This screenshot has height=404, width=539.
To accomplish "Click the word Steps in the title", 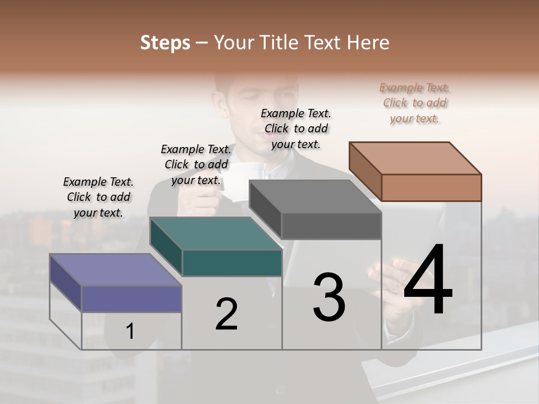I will click(x=165, y=43).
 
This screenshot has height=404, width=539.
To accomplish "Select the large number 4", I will click(x=428, y=281).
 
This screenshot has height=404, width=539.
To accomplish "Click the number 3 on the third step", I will click(x=329, y=297).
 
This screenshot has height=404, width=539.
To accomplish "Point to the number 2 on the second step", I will click(x=226, y=314).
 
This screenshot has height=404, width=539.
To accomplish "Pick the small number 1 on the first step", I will click(x=130, y=332).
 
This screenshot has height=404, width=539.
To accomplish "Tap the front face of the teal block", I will click(x=232, y=263).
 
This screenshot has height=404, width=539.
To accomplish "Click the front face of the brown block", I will click(x=431, y=187).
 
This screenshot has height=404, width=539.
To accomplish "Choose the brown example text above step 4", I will click(x=414, y=103).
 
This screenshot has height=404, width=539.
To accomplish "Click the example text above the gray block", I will click(x=296, y=128).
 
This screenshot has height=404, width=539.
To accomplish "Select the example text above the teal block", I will click(x=196, y=164).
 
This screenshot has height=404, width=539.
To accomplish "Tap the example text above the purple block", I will click(x=98, y=197).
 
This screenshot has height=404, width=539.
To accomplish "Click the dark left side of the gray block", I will click(x=265, y=210).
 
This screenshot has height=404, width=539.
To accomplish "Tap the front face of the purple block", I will click(x=131, y=299).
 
